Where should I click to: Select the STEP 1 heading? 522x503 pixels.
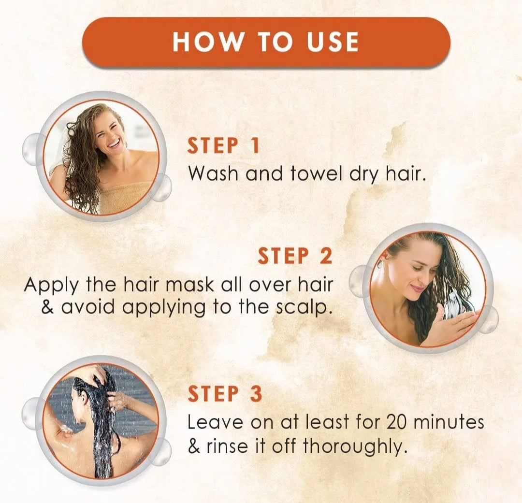click(x=223, y=145)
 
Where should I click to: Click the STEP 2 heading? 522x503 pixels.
click(x=295, y=256)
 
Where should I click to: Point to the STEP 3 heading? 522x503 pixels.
click(x=225, y=394)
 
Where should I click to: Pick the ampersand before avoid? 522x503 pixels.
click(x=47, y=307)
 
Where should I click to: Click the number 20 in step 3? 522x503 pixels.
click(x=396, y=423)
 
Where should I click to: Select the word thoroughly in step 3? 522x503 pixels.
click(x=355, y=447)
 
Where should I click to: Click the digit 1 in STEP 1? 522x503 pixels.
click(x=255, y=145)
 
